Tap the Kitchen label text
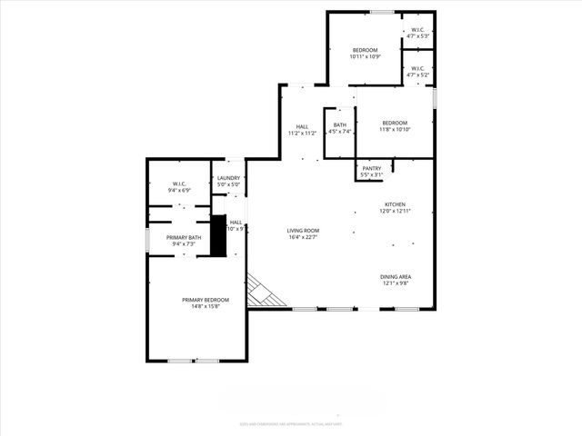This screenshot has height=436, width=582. [395, 204]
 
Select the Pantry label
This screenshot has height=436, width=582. [371, 168]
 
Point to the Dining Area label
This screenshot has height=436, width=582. [396, 276]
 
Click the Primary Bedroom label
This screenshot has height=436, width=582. [205, 300]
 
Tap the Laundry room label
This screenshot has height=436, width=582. [228, 178]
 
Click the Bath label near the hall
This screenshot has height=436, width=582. [339, 124]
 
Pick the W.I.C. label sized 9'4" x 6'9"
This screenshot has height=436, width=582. [178, 184]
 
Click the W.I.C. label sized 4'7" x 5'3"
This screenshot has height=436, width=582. [417, 30]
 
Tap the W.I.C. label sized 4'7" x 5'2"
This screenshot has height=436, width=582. [417, 68]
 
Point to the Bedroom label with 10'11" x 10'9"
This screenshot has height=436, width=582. [365, 49]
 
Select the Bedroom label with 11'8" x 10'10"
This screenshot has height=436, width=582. [395, 123]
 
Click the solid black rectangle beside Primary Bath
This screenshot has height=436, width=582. [217, 236]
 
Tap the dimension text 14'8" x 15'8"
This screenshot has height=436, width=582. [205, 307]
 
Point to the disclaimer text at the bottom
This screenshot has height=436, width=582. [291, 423]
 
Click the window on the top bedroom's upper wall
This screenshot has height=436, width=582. [382, 12]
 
